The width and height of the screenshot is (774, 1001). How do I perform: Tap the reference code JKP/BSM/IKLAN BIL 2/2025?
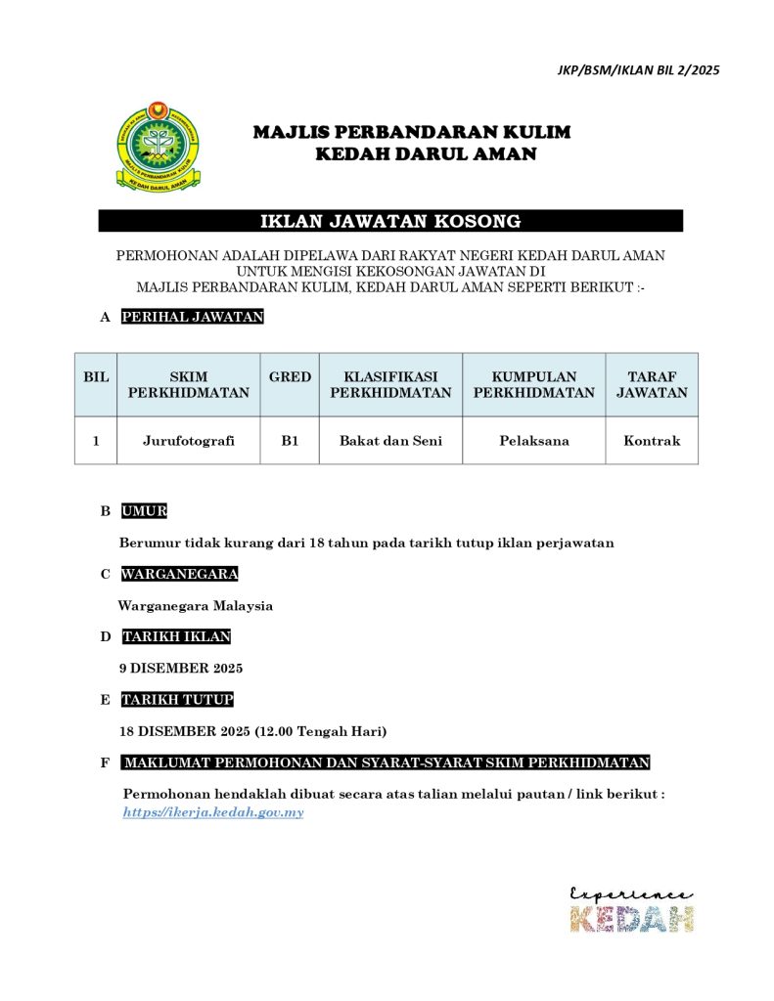[x=638, y=70]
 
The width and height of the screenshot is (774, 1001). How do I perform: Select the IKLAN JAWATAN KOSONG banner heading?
[x=389, y=222]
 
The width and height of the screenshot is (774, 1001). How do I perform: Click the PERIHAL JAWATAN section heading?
[x=193, y=317]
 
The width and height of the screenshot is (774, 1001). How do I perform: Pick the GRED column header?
[x=290, y=377]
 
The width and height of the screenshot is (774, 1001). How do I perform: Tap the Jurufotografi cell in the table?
[x=189, y=441]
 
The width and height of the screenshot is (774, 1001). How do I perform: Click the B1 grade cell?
[x=290, y=441]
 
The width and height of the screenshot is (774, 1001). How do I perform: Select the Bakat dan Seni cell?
[x=390, y=441]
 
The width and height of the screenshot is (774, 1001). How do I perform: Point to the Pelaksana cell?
[x=533, y=441]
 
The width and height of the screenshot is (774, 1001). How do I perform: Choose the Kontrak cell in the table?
[x=652, y=441]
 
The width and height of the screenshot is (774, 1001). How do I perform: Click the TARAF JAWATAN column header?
[x=652, y=385]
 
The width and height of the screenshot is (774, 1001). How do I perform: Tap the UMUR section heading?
[x=145, y=511]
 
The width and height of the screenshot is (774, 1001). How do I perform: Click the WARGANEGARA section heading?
[x=179, y=574]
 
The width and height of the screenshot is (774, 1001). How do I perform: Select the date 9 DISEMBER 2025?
[x=181, y=669]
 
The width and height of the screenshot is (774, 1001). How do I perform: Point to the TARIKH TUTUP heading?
[x=177, y=700]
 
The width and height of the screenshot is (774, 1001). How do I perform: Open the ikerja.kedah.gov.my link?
[x=213, y=812]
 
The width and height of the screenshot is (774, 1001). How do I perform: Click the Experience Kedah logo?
[x=632, y=910]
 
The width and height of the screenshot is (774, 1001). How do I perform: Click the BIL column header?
[x=96, y=377]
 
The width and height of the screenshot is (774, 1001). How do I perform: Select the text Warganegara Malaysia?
[x=196, y=606]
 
